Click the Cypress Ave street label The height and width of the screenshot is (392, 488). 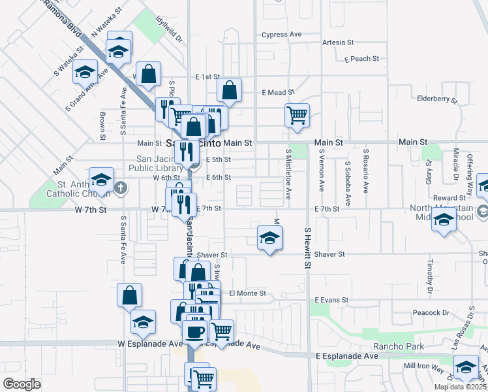coord(281,35)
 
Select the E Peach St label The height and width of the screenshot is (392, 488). coord(361,59)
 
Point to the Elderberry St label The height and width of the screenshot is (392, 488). coord(438,99)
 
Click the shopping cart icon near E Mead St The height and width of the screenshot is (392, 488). coord(297,115)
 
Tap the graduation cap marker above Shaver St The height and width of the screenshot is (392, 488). coord(269,238)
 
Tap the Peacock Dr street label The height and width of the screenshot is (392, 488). coord(427,312)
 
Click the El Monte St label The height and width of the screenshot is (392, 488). coord(247,293)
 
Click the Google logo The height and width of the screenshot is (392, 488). coord(22,384)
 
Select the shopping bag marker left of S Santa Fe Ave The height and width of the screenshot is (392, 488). coord(130,295)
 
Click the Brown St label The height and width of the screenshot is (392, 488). coord(103,125)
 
